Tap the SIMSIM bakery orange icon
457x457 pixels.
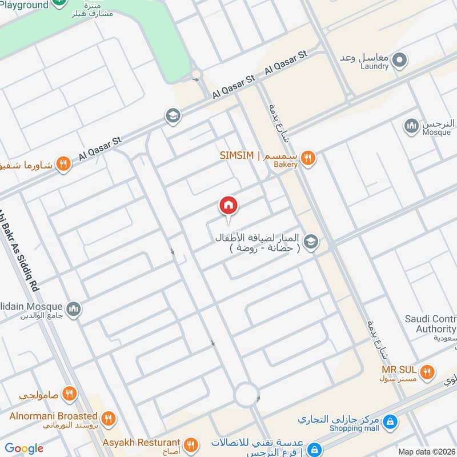pos(308,158)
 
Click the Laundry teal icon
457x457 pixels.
pos(400,59)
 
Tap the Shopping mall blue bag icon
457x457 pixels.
pos(390,423)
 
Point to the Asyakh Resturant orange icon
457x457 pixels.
pos(191,444)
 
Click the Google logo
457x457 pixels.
pos(24,448)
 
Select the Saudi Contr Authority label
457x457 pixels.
pos(429,324)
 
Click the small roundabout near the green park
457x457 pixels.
pos(197,74)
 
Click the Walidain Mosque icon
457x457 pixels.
pos(73,310)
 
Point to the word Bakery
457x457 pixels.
pos(286,165)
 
